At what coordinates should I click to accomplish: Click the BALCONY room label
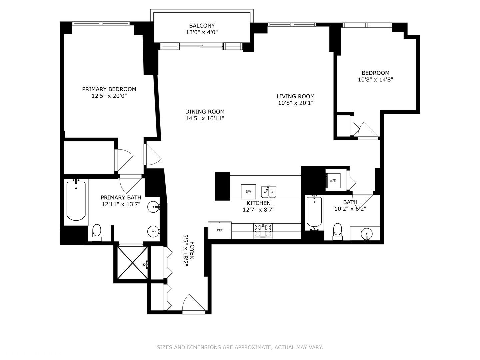click(x=202, y=26)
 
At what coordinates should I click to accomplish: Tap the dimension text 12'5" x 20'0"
click(x=109, y=96)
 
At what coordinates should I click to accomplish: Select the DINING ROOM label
click(x=205, y=112)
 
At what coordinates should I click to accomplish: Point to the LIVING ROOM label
click(x=295, y=96)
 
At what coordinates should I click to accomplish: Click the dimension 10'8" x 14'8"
click(x=375, y=80)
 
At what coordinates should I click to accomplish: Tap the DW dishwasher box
click(x=248, y=191)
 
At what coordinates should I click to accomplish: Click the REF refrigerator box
click(x=220, y=230)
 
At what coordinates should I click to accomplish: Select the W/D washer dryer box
click(x=333, y=180)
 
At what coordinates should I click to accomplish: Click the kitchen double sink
click(x=268, y=192)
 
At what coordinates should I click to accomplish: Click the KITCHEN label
click(x=258, y=203)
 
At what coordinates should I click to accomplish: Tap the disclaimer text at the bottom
click(x=240, y=347)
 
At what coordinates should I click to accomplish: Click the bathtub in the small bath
click(x=314, y=212)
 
